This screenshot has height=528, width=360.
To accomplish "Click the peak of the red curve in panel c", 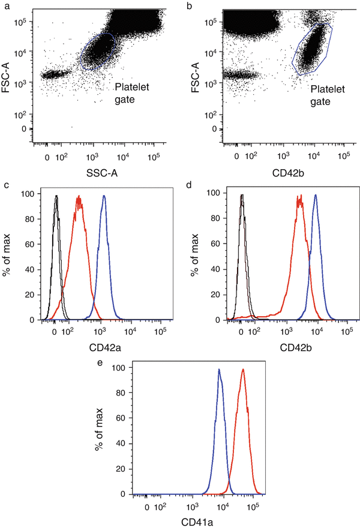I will (x=78, y=197).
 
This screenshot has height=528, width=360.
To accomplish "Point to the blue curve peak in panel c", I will (x=104, y=196).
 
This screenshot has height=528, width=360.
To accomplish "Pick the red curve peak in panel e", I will (x=242, y=370).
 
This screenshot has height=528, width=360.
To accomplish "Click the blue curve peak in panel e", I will (x=219, y=370).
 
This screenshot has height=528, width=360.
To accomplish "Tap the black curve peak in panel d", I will (x=241, y=196).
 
